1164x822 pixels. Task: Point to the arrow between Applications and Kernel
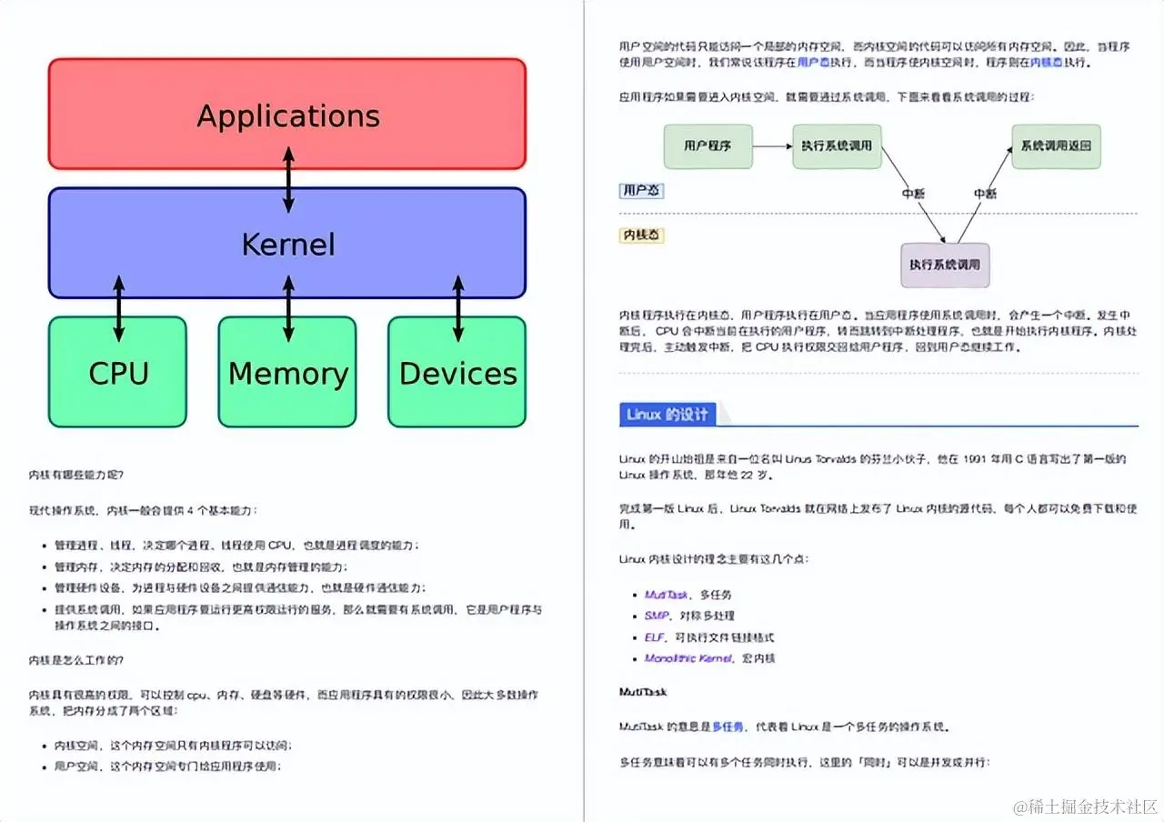click(x=289, y=179)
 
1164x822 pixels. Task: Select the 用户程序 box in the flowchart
click(x=708, y=145)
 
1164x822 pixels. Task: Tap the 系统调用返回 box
click(x=1056, y=145)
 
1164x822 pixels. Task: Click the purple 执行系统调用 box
click(x=945, y=266)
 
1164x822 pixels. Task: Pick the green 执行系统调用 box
click(x=837, y=145)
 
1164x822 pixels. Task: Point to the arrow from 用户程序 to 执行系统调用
click(x=772, y=145)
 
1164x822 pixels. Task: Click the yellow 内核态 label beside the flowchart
click(x=642, y=236)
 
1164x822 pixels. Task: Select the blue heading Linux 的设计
click(x=667, y=415)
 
